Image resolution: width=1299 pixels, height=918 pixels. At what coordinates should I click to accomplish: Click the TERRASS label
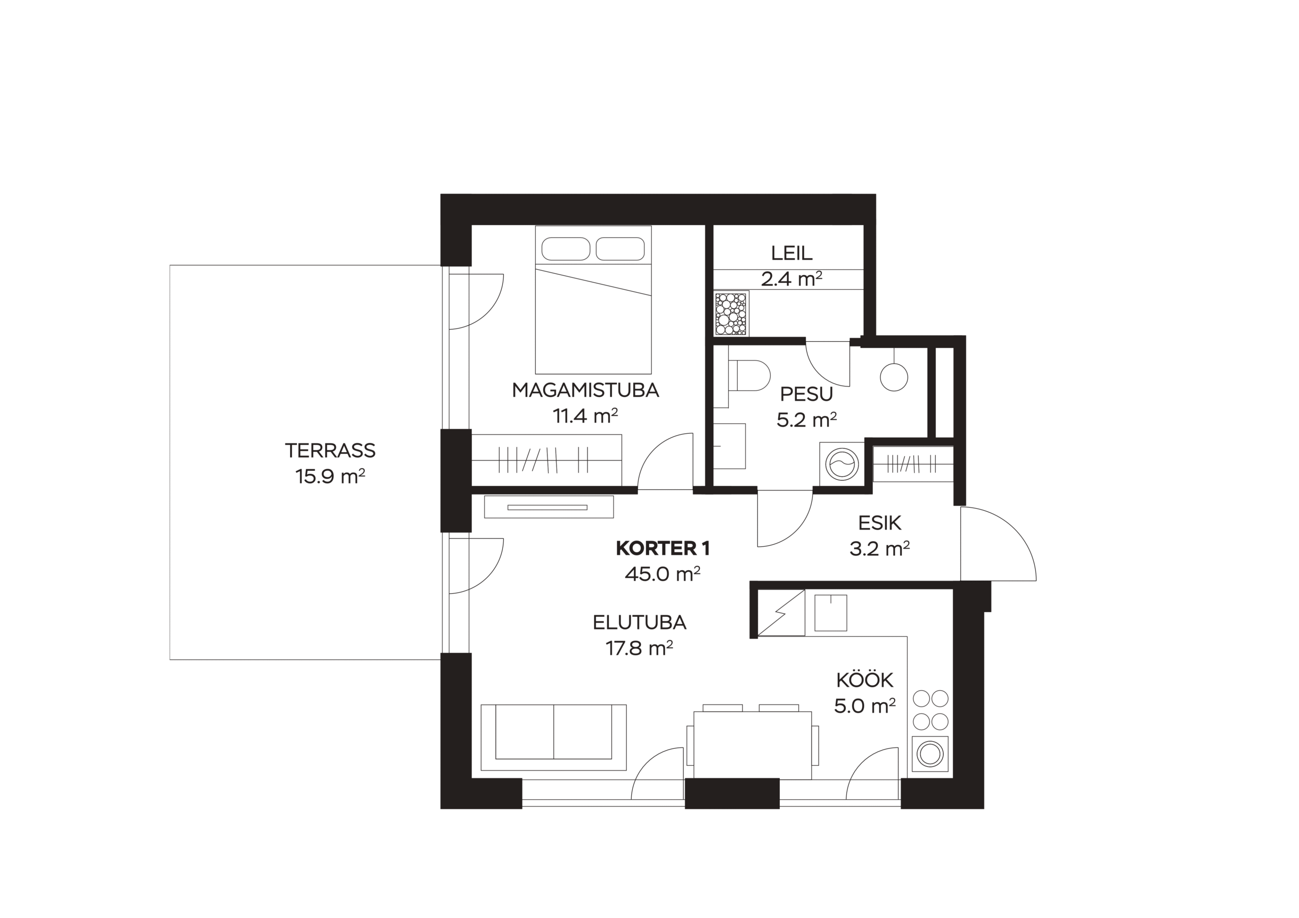[330, 450]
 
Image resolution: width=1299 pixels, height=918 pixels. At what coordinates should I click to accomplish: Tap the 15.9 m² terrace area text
[330, 476]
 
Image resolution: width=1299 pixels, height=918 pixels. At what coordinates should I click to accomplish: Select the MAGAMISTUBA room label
[586, 391]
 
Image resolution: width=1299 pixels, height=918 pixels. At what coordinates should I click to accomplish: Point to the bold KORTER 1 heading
[663, 548]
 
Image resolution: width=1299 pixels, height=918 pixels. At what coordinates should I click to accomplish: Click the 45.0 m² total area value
[663, 574]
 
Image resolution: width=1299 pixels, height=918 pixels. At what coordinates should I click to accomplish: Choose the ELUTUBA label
[639, 622]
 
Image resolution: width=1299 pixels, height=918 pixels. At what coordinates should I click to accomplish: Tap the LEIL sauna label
[792, 253]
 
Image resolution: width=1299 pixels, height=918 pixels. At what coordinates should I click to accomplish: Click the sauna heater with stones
[732, 314]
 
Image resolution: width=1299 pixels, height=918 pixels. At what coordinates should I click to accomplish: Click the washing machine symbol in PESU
[842, 464]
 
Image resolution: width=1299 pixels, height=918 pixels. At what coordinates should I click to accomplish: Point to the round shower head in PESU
[894, 377]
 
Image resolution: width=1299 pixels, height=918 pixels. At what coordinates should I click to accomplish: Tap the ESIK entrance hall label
[880, 523]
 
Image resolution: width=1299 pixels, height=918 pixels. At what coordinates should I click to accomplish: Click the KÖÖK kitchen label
[865, 679]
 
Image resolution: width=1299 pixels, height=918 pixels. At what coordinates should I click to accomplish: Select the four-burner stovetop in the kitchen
[931, 710]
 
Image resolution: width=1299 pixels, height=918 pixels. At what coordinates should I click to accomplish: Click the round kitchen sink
[930, 753]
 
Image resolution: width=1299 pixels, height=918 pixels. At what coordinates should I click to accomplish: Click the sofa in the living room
[553, 737]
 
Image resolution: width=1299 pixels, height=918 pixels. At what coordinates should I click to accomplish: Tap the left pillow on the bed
[566, 249]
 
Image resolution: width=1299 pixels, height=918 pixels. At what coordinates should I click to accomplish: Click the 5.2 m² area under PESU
[807, 419]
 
